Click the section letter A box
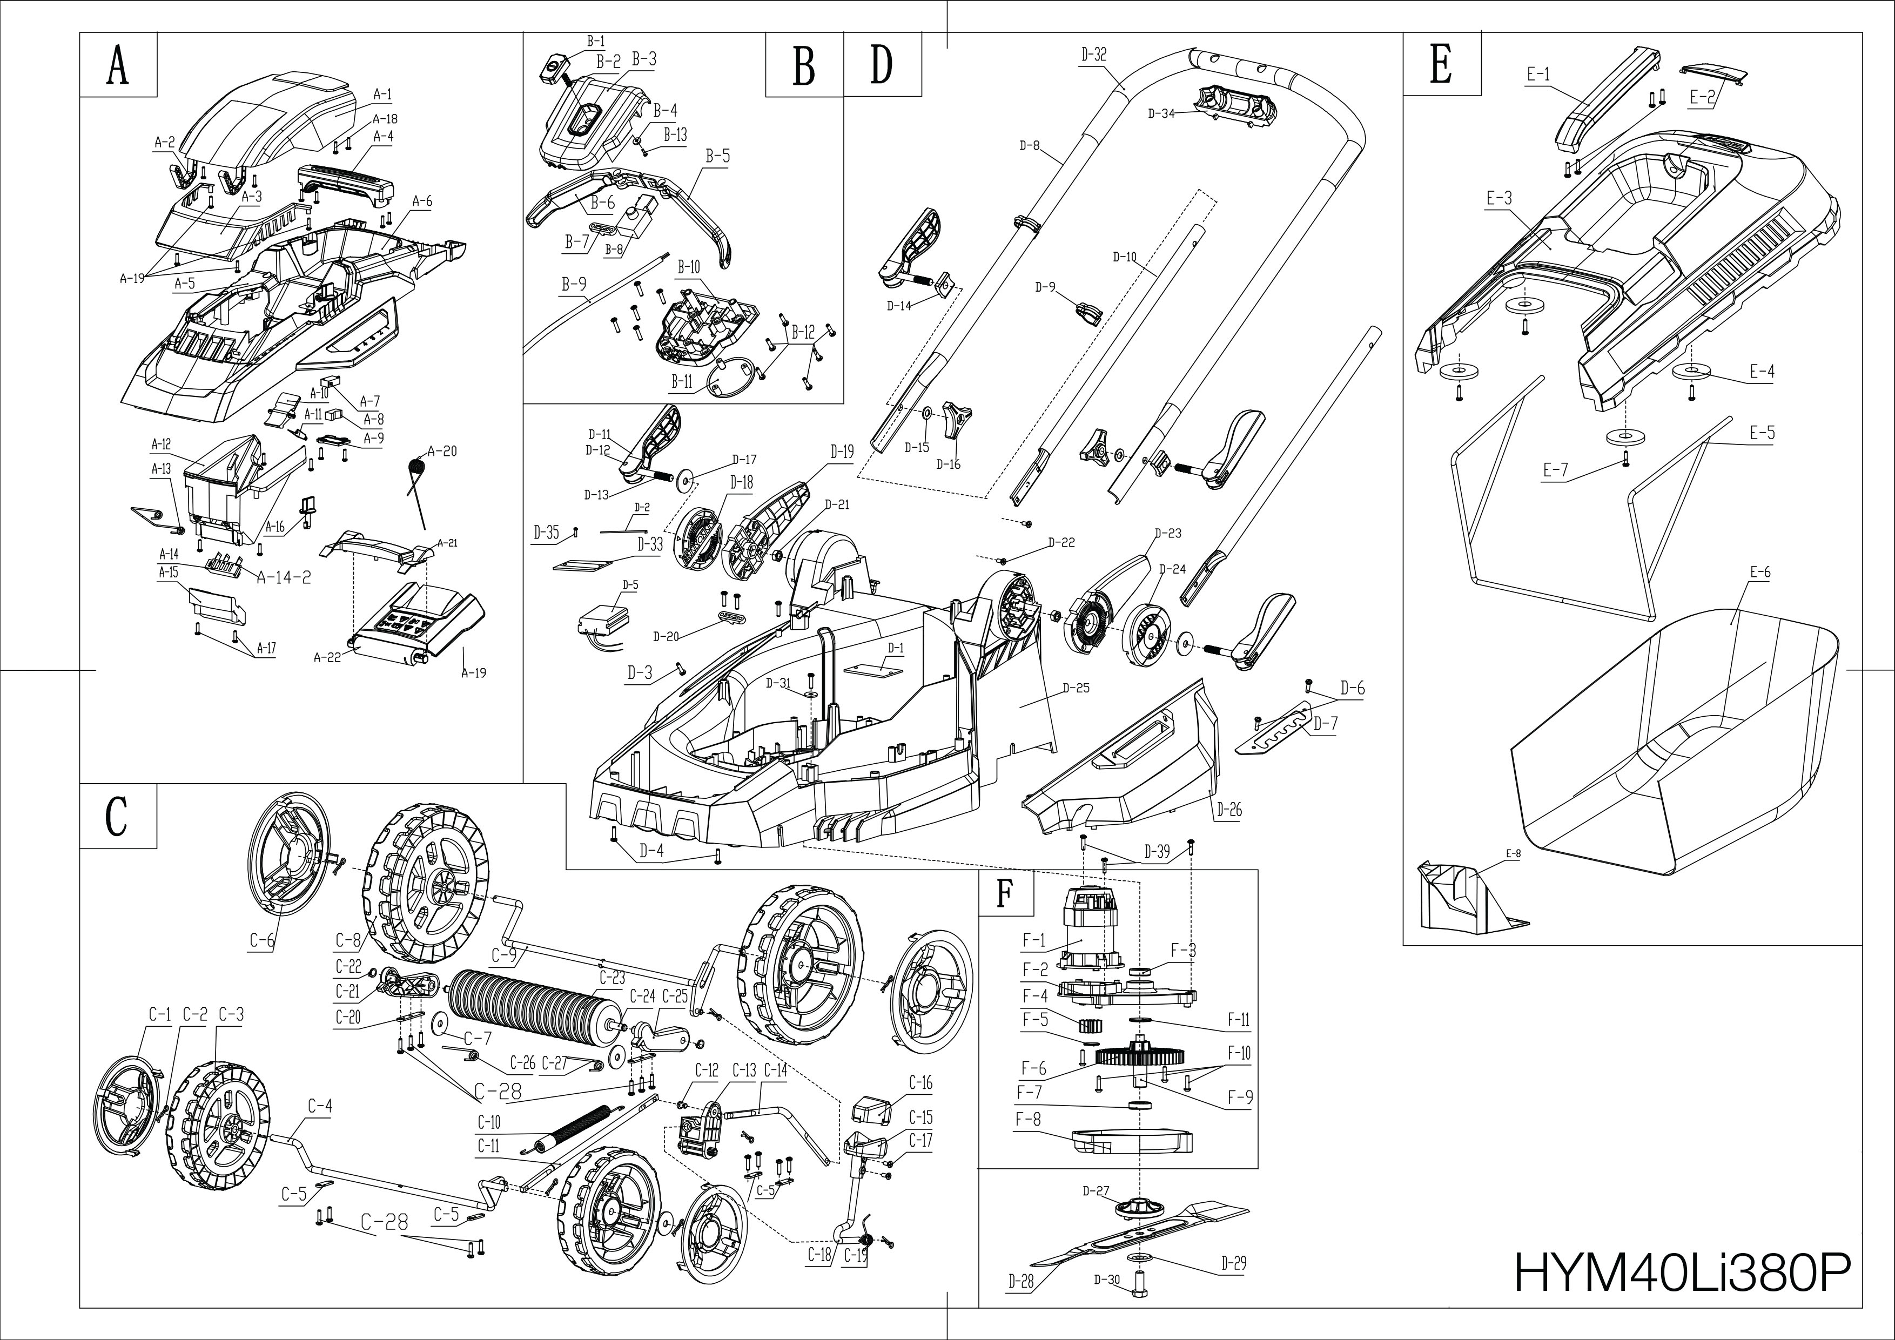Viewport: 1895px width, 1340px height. click(118, 66)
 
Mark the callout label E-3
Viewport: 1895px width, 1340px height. click(1499, 198)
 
